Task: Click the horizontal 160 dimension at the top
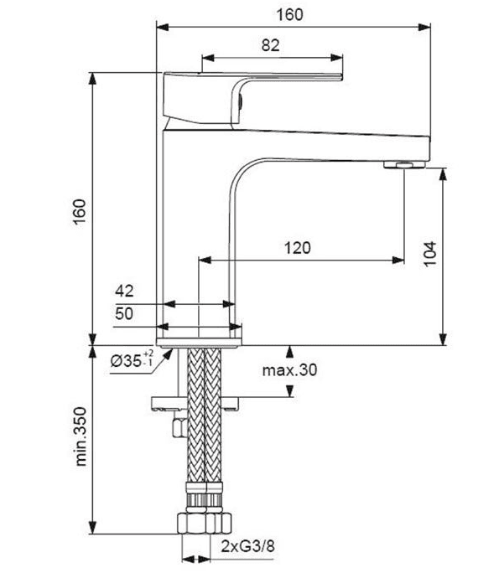(289, 14)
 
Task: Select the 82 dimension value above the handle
(271, 45)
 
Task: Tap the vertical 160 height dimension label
(81, 212)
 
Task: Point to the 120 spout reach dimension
(298, 248)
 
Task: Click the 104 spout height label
(430, 254)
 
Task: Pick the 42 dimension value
(124, 291)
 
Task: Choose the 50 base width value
(124, 313)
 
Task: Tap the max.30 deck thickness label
(289, 370)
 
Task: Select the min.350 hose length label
(81, 436)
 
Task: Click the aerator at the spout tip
(404, 164)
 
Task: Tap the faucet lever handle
(252, 98)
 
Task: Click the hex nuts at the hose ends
(205, 524)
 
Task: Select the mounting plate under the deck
(195, 403)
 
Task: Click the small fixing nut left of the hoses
(179, 428)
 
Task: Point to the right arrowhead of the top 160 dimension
(424, 27)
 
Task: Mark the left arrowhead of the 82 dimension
(208, 58)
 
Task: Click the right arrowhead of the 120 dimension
(398, 261)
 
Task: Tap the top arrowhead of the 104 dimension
(443, 175)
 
